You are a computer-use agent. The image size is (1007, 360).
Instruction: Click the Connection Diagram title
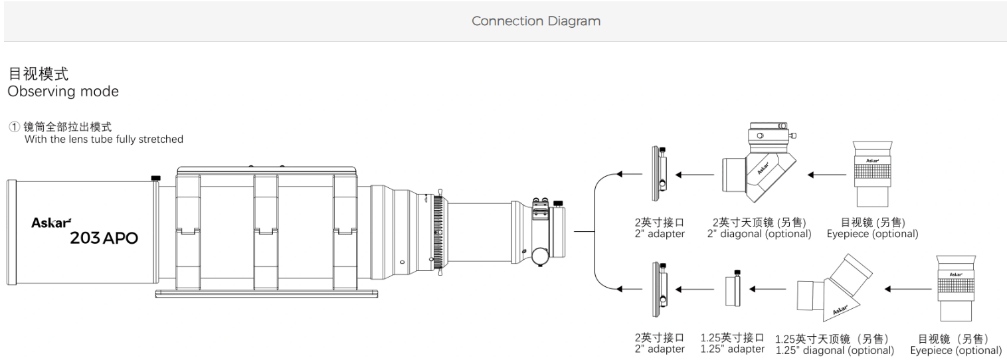pos(535,21)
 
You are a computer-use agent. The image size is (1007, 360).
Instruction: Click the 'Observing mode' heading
pos(63,92)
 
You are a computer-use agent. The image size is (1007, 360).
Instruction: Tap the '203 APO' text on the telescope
pos(104,238)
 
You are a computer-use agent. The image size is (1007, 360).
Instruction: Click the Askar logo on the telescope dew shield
pos(51,223)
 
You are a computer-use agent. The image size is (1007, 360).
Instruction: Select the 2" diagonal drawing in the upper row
pos(758,163)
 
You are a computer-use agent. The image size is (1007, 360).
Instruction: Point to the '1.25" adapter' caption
pos(733,349)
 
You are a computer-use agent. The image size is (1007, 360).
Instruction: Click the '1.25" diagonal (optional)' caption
pos(834,350)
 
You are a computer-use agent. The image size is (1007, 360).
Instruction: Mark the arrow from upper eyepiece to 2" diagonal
pos(827,175)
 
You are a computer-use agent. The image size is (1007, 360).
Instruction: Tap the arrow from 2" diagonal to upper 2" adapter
pos(694,175)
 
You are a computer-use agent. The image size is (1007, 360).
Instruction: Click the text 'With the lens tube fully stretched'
pos(104,139)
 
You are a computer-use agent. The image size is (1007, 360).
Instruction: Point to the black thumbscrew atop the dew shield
pos(156,177)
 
